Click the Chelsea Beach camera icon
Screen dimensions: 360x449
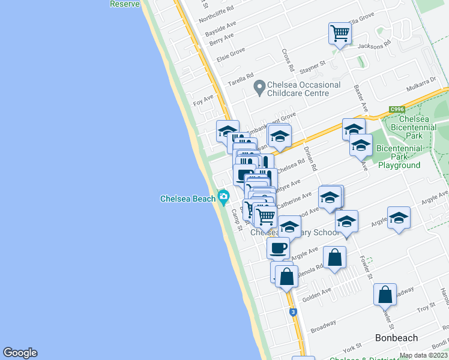pos(224,197)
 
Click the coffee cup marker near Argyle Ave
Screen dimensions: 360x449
pos(279,247)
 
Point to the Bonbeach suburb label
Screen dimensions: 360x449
pos(396,338)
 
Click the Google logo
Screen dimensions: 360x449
pos(20,353)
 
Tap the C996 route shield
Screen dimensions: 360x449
pos(396,109)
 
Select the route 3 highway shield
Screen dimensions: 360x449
pos(292,312)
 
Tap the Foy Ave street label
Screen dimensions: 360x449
pos(203,101)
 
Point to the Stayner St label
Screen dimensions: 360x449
pos(313,63)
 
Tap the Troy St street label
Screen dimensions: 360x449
pos(426,307)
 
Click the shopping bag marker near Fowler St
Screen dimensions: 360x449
pos(385,295)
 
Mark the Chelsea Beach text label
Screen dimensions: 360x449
pos(187,199)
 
